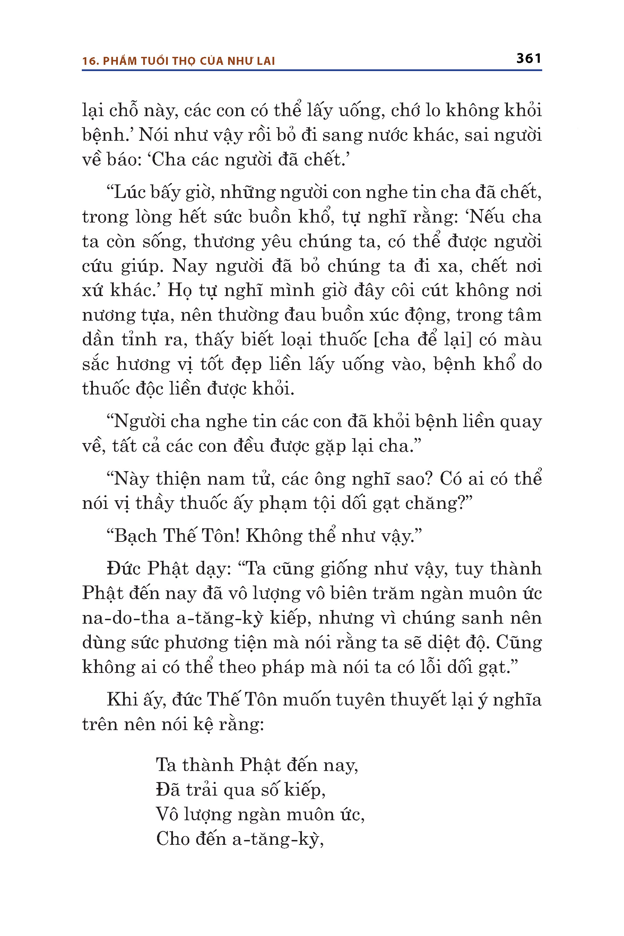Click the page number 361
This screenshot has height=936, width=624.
point(528,59)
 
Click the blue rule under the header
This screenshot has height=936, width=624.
point(312,70)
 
